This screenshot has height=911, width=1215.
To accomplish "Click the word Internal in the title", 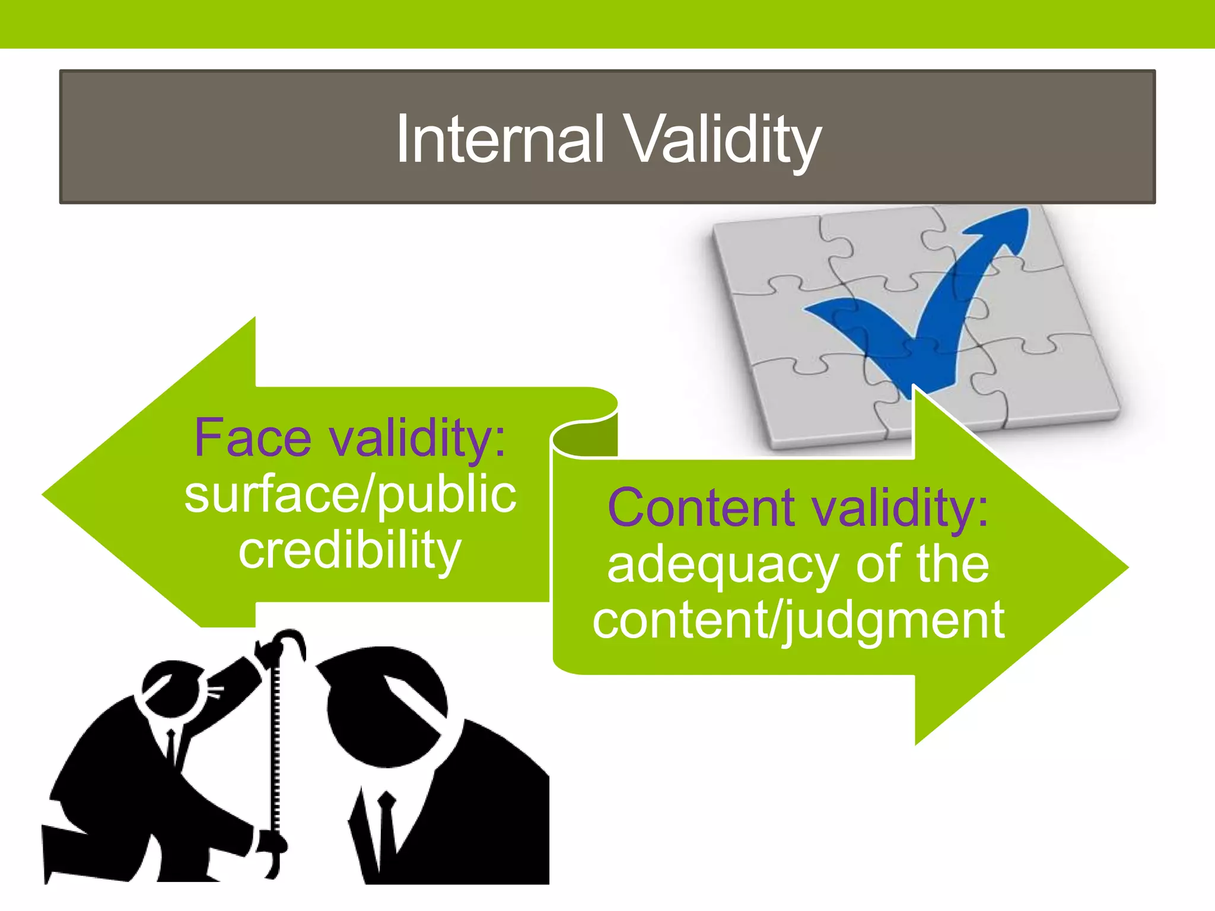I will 500,140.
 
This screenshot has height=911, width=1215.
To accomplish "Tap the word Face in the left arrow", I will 253,438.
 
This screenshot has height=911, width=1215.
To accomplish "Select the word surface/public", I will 350,495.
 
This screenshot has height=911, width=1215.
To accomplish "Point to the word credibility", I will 350,550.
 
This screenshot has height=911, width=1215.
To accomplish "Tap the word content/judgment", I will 798,620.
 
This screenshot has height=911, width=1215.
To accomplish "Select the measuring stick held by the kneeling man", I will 275,741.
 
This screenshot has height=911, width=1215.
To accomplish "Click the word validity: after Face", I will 418,438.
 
